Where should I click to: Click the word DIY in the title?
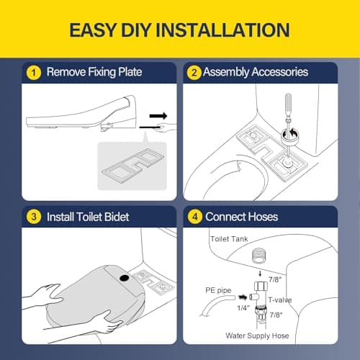pyautogui.click(x=136, y=30)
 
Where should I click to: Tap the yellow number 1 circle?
pyautogui.click(x=34, y=73)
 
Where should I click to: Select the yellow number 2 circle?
pyautogui.click(x=194, y=73)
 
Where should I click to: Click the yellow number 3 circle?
pyautogui.click(x=34, y=217)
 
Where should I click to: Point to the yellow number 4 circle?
pyautogui.click(x=195, y=217)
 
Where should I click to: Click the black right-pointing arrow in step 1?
pyautogui.click(x=158, y=116)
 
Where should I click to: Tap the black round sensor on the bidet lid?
pyautogui.click(x=125, y=279)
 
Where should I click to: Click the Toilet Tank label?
pyautogui.click(x=229, y=239)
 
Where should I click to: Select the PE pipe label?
pyautogui.click(x=218, y=290)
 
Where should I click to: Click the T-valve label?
pyautogui.click(x=280, y=300)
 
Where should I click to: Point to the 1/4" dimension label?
pyautogui.click(x=243, y=308)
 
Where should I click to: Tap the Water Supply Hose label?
pyautogui.click(x=257, y=336)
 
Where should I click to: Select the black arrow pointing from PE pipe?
pyautogui.click(x=243, y=297)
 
